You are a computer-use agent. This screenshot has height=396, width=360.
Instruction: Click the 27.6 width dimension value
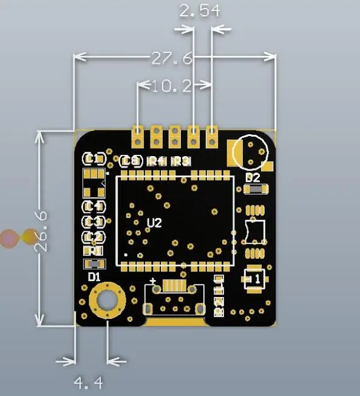(x=172, y=58)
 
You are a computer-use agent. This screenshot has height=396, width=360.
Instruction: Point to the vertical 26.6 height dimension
(x=41, y=231)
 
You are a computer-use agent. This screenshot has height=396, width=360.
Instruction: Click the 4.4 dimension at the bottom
(x=89, y=383)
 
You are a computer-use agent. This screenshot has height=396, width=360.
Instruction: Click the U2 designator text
(x=155, y=223)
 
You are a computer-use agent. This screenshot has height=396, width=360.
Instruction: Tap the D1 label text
(x=94, y=277)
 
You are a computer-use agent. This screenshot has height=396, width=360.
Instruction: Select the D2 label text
(x=253, y=178)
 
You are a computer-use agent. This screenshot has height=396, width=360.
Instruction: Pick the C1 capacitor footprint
(x=93, y=159)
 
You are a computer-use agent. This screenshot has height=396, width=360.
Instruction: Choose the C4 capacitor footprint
(x=93, y=207)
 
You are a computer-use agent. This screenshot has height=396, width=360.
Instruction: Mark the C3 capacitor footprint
(x=93, y=222)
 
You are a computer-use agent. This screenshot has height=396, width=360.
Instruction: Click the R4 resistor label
(x=157, y=162)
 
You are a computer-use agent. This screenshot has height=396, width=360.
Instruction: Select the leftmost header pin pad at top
(x=138, y=137)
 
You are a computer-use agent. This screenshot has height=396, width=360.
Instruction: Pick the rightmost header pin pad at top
(x=212, y=137)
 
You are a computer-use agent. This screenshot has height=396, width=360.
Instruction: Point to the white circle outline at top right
(x=250, y=151)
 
